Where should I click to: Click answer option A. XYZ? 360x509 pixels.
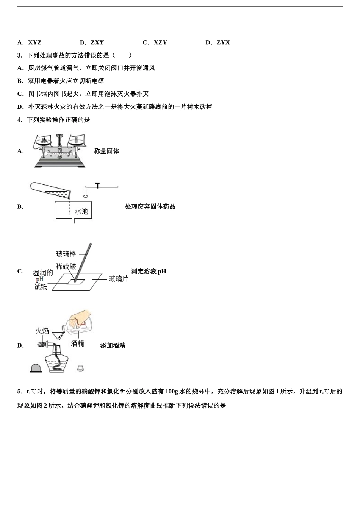coord(30,42)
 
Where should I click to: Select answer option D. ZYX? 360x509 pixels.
coord(218,42)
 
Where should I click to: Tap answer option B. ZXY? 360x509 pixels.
coord(92,42)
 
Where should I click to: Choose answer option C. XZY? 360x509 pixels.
coord(155,42)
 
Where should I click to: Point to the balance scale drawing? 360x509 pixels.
coord(60,151)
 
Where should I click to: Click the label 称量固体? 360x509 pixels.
coord(106,151)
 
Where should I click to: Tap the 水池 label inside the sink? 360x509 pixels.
coord(81,211)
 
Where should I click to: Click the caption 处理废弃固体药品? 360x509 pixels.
coord(150,206)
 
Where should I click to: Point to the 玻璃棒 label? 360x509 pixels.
coord(66,254)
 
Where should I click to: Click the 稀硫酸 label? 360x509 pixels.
coord(66,266)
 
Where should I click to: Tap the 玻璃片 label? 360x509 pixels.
coord(118,279)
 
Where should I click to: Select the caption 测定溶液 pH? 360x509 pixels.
coord(149,271)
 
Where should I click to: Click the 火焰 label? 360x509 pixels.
coord(42,331)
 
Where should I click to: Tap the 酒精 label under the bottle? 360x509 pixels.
coord(77,343)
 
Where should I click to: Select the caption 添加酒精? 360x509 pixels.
coord(113,345)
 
